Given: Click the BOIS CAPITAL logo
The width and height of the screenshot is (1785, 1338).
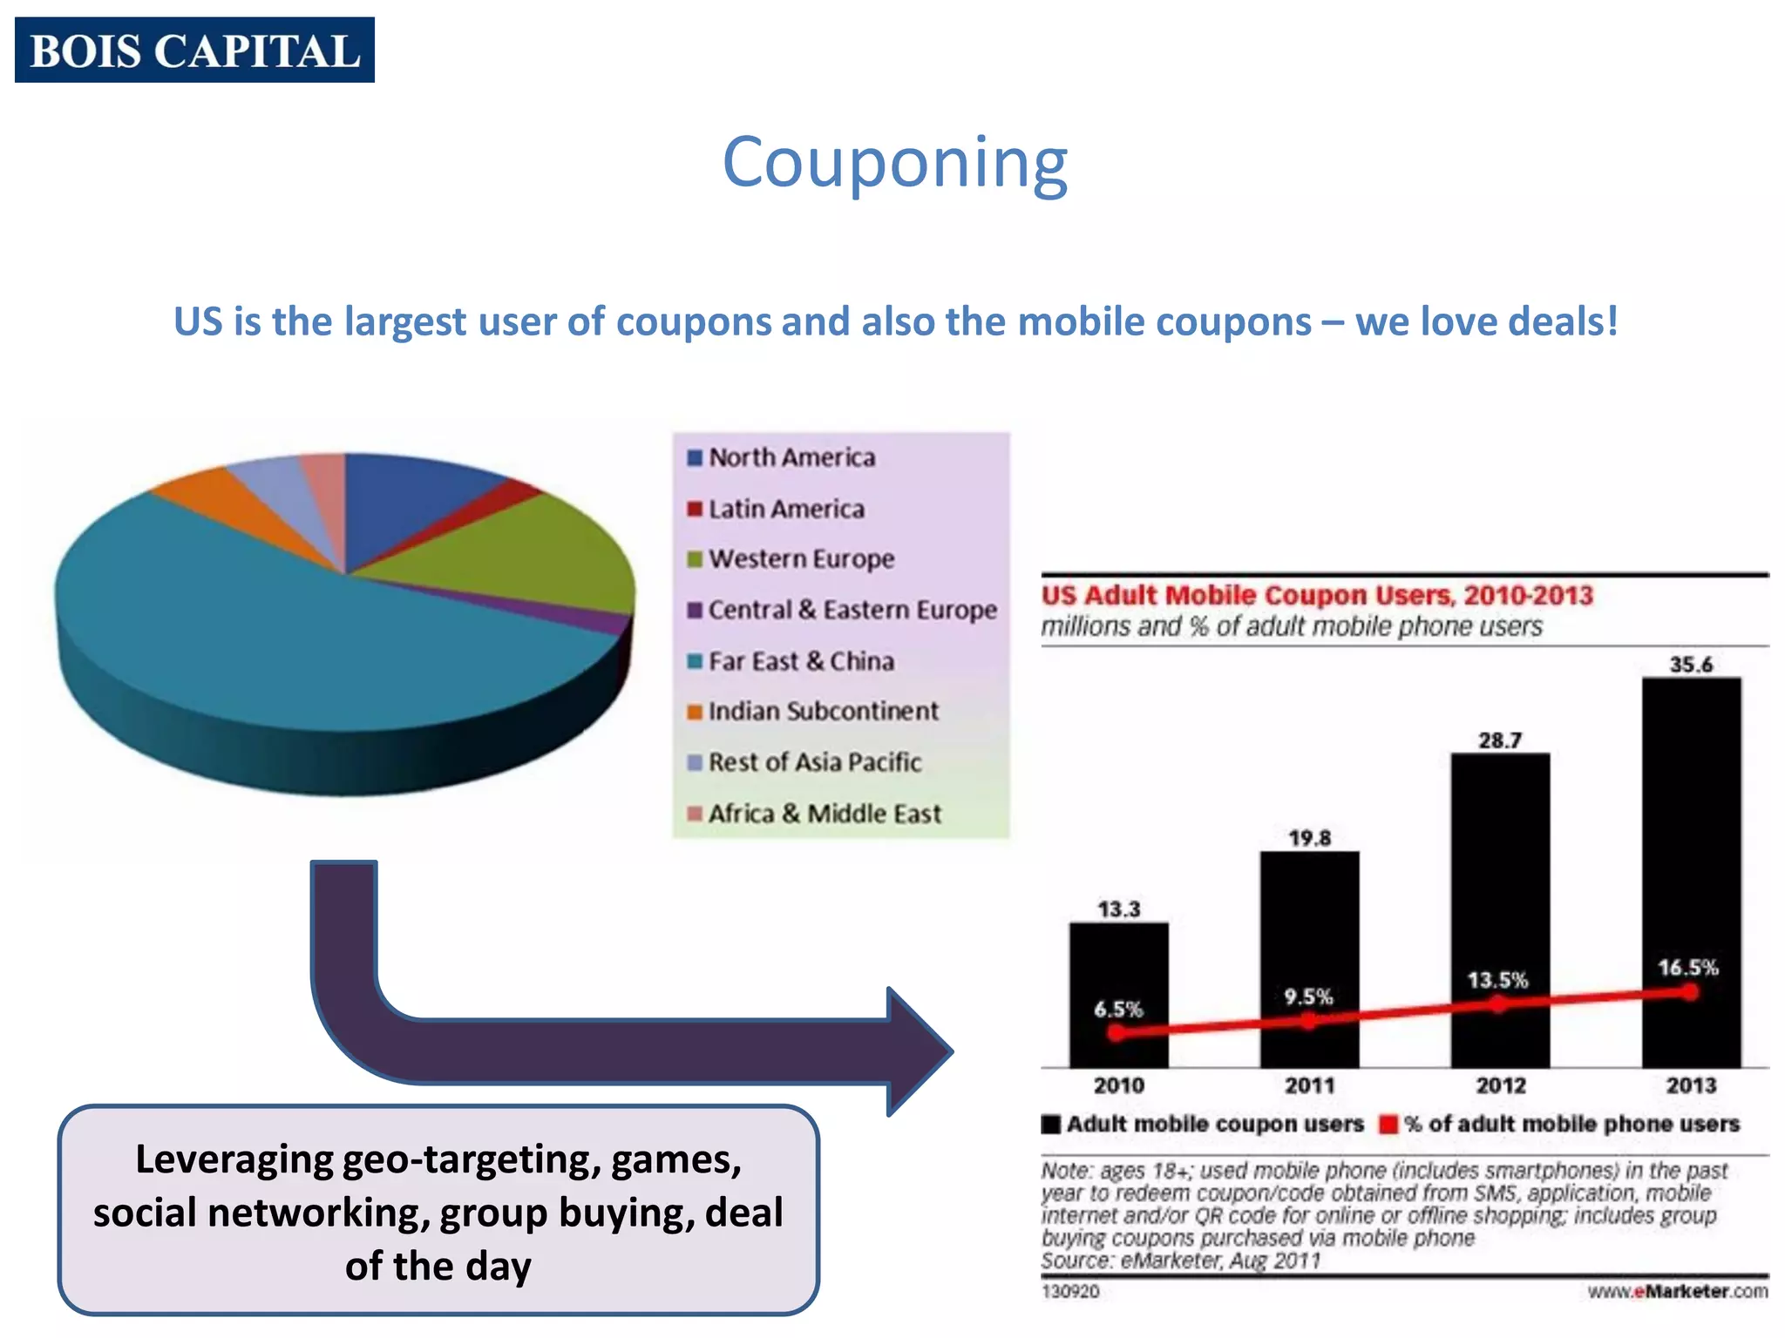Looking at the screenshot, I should pos(194,50).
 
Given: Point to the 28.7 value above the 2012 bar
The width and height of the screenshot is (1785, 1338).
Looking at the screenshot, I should pos(1500,740).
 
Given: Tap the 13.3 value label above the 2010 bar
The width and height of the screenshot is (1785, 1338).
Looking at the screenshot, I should pos(1119,909).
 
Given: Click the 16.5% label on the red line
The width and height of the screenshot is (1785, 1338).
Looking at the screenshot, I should pos(1687,968).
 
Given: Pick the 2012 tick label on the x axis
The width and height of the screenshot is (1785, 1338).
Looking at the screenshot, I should pos(1500,1085).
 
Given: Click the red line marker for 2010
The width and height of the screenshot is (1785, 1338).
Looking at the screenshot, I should pos(1116,1034).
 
